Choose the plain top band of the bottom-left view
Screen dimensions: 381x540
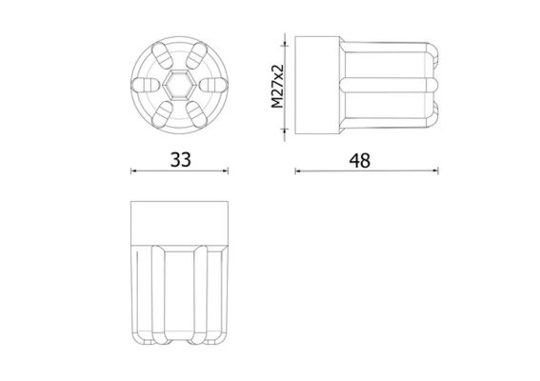pos(179,222)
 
